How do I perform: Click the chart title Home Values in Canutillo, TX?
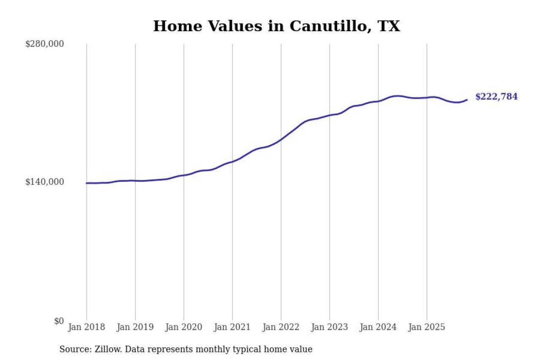click(276, 26)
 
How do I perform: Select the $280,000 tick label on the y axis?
click(45, 44)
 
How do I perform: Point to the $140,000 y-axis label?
click(45, 182)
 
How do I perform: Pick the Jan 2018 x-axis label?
click(86, 328)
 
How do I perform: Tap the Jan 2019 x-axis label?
click(135, 328)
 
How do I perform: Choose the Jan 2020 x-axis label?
click(184, 328)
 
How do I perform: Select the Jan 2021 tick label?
click(232, 328)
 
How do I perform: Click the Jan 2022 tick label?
click(281, 328)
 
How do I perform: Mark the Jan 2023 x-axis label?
click(329, 328)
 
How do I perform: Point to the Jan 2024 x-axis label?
click(378, 328)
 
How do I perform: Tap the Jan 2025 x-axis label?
click(427, 328)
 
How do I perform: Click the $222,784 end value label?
click(496, 97)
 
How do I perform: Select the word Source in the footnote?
click(72, 349)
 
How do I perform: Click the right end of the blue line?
click(467, 100)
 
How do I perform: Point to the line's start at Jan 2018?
click(87, 183)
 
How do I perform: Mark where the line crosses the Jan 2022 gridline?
click(281, 139)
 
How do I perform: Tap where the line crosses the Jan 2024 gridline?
click(378, 101)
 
